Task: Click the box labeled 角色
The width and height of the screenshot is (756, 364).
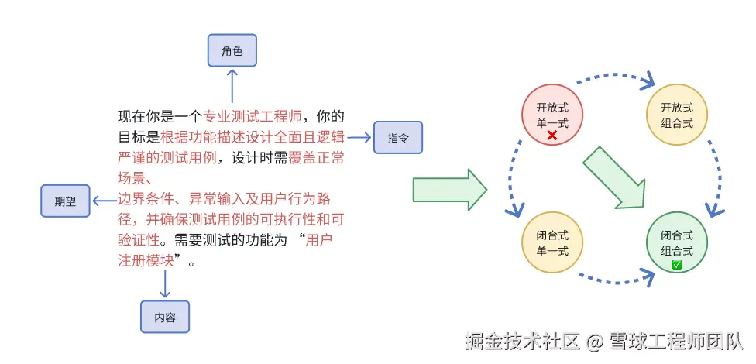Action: [232, 51]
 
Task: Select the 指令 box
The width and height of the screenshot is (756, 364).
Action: [398, 138]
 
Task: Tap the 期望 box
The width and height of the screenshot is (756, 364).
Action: [66, 201]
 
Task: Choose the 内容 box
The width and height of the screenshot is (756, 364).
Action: [165, 316]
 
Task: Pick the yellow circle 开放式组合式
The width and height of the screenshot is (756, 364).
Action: [677, 116]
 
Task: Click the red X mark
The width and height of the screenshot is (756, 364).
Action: [552, 136]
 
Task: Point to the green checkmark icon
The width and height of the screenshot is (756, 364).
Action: [677, 265]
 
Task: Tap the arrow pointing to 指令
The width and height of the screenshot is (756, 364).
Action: [359, 138]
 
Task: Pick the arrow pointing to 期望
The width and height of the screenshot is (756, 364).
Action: [103, 201]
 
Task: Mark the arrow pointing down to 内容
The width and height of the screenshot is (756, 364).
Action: [165, 283]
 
